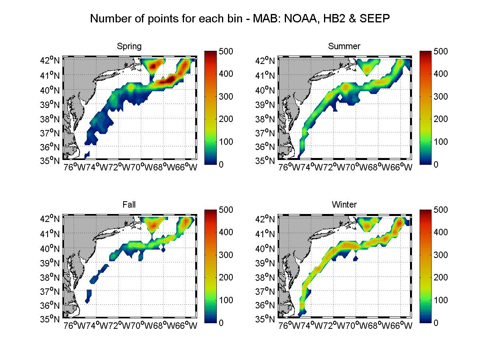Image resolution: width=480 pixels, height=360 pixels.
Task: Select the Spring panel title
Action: pos(129,46)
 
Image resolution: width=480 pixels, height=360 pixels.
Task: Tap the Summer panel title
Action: pos(344,46)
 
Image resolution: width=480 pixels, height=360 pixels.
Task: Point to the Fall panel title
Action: pos(129,205)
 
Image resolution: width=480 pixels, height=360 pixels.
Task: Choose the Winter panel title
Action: pos(344,205)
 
